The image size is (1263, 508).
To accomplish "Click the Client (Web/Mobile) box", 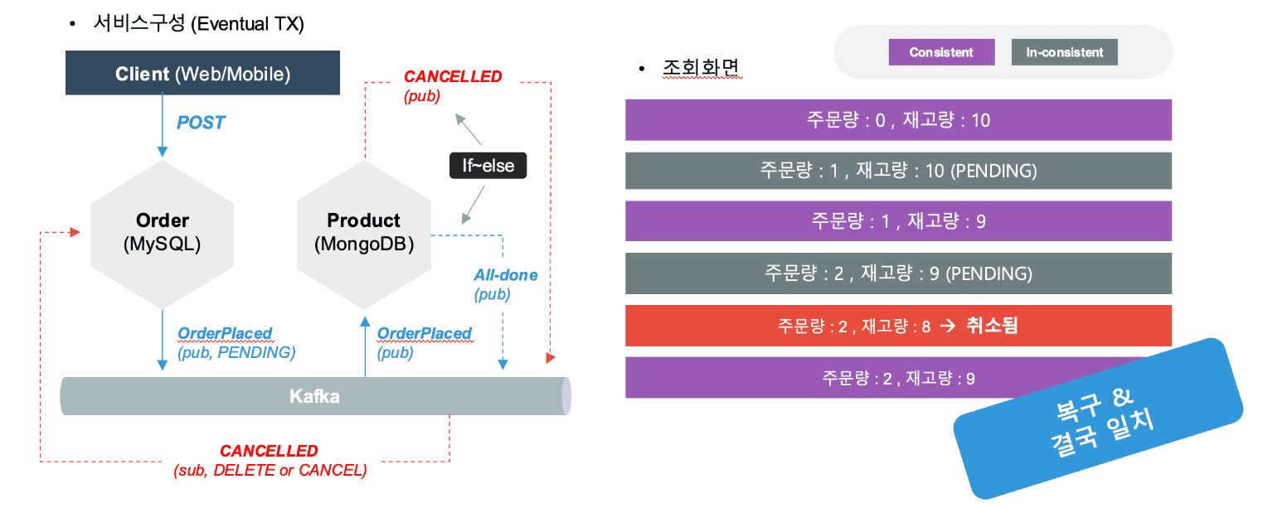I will tap(203, 73).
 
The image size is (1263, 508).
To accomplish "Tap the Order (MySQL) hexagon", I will tap(162, 231).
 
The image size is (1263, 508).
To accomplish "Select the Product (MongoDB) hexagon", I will tap(363, 231).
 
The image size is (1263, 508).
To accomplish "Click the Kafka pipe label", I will tap(314, 396).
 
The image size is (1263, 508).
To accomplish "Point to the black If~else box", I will tap(488, 166).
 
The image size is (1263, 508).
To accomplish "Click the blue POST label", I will tap(201, 123).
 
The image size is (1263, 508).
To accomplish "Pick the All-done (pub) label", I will tap(505, 283).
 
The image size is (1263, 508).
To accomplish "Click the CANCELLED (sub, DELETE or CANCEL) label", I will tap(270, 461).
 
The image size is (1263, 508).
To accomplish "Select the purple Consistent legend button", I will tap(941, 52).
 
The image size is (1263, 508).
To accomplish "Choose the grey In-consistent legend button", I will tap(1065, 52).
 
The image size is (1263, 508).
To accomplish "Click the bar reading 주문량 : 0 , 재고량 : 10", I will tap(898, 120).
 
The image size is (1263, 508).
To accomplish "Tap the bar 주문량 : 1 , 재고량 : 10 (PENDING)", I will tap(898, 171).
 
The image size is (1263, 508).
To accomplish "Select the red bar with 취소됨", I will tap(898, 326).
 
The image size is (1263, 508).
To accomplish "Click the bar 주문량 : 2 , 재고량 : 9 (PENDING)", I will tap(898, 273).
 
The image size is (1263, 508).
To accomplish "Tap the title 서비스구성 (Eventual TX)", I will tap(198, 24).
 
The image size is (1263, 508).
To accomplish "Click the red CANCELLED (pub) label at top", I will tap(453, 85).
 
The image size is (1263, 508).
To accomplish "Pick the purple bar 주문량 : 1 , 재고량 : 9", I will tap(898, 221).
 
